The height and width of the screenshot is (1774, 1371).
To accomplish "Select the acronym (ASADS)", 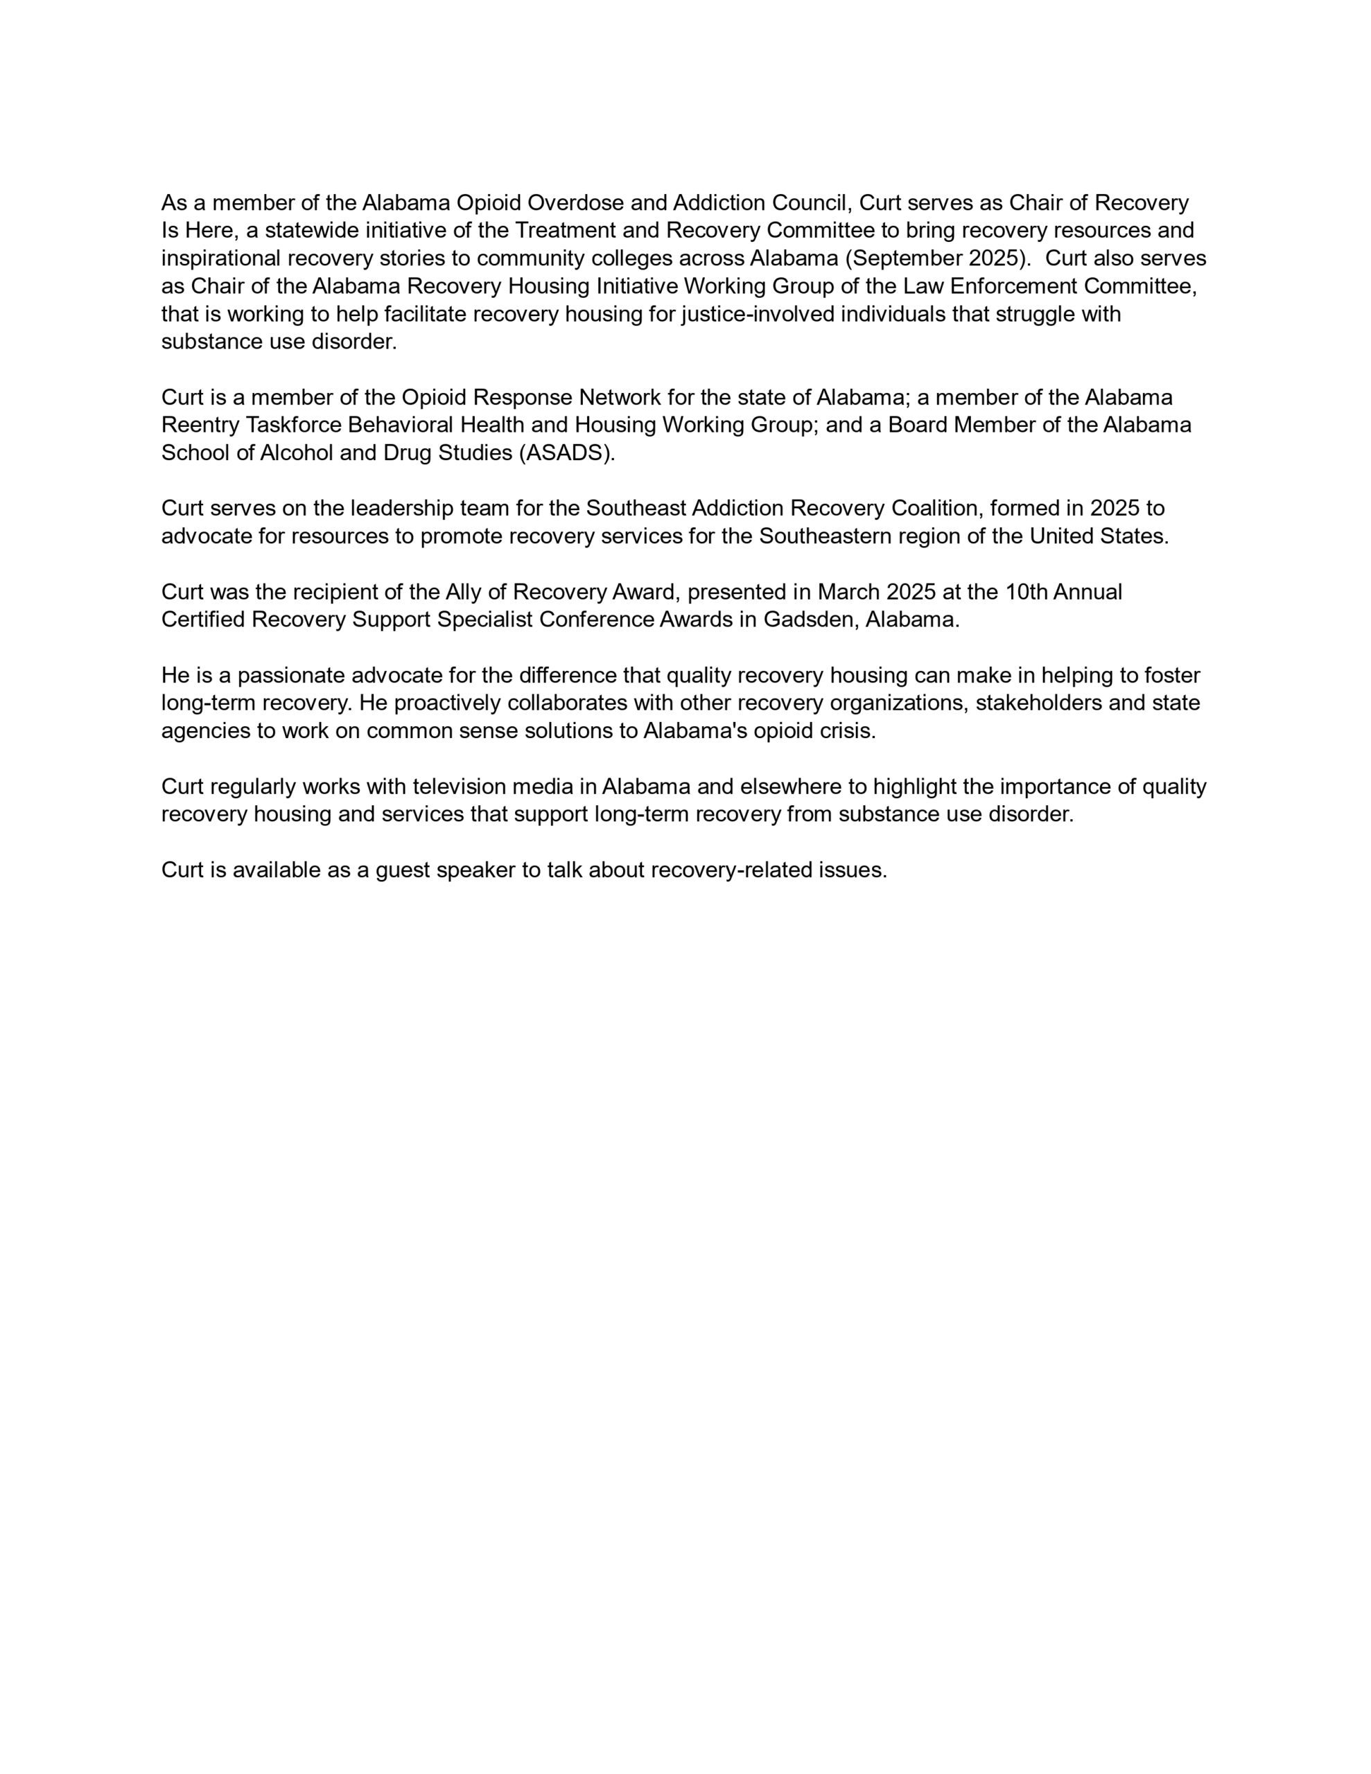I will (567, 453).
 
